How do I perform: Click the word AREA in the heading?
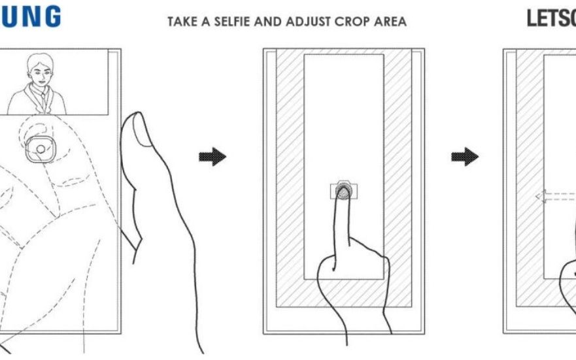(x=392, y=22)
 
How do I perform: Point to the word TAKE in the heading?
(x=182, y=22)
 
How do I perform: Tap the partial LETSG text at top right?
(x=551, y=18)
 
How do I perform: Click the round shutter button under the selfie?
(x=41, y=149)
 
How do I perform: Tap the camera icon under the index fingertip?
(x=343, y=191)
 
